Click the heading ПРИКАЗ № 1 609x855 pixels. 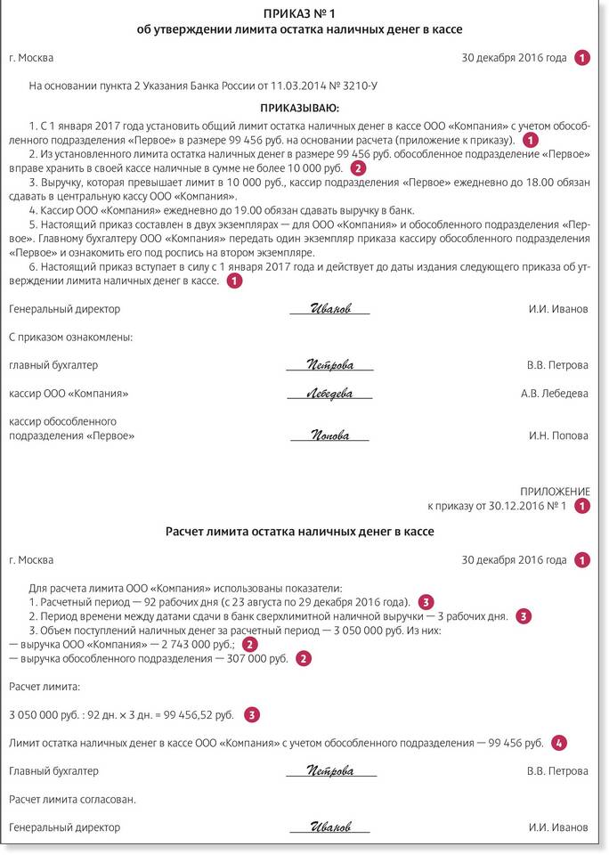coord(305,14)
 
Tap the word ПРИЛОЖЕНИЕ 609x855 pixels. coord(554,492)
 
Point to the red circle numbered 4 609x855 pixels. coord(558,742)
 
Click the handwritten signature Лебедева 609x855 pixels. coord(329,394)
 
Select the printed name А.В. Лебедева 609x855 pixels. coord(554,394)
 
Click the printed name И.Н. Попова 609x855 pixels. coord(558,436)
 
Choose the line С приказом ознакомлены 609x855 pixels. coord(70,338)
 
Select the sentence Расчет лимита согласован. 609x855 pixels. coord(72,799)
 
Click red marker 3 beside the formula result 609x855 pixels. coord(253,714)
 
